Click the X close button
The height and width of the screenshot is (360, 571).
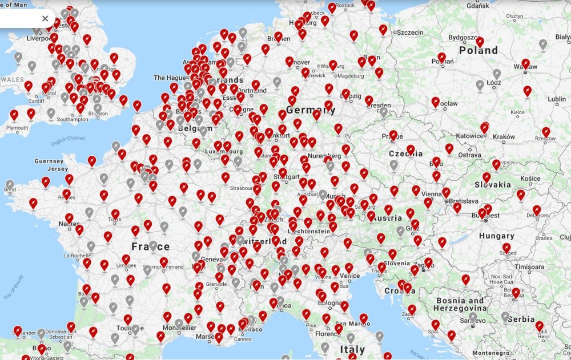tap(45, 19)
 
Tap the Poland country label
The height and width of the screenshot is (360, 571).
tap(478, 50)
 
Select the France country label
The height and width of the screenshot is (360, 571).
tap(150, 246)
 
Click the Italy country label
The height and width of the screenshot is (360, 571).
tap(352, 349)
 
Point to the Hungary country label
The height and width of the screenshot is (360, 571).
tap(496, 236)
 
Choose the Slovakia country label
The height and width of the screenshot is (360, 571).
tap(492, 185)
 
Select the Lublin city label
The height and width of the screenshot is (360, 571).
tap(557, 99)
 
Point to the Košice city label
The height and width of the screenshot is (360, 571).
tap(530, 179)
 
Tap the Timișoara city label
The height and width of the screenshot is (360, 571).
tap(529, 266)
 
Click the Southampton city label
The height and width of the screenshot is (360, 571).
tap(72, 119)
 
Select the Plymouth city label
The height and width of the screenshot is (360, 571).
tap(17, 128)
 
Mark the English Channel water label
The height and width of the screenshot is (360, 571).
tap(67, 140)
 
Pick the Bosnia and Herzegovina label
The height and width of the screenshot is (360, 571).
tap(460, 304)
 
